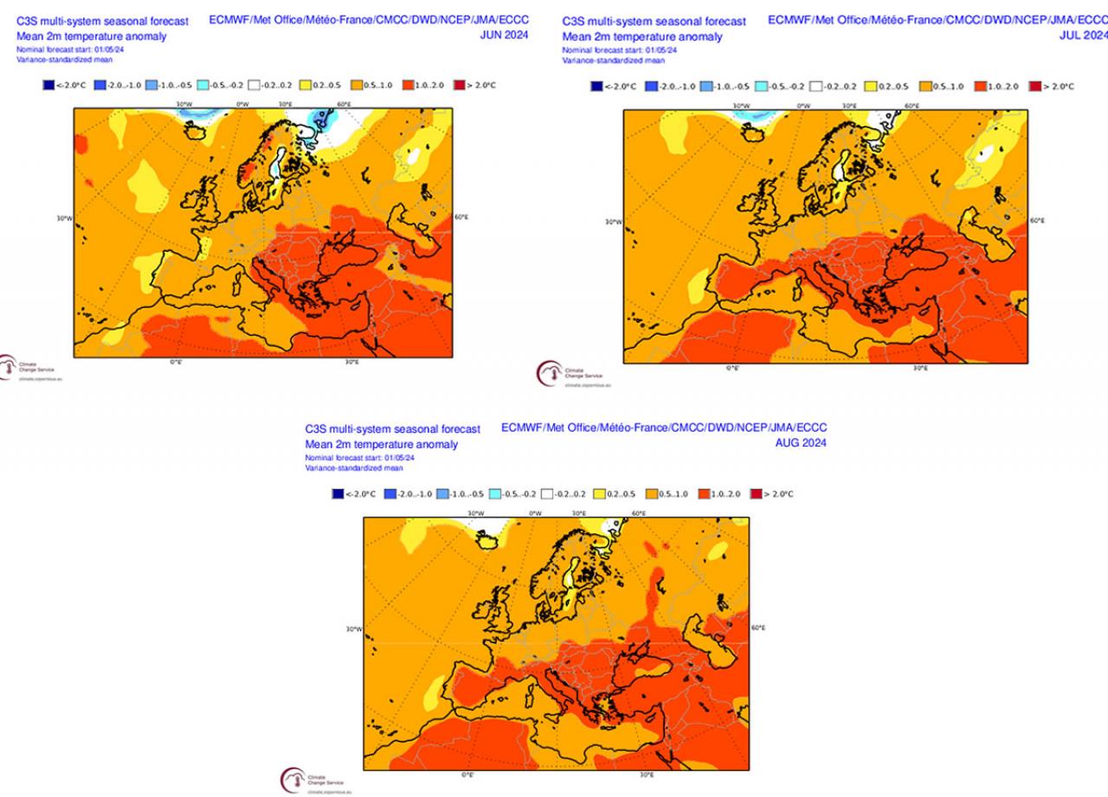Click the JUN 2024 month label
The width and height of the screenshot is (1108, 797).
pos(505,35)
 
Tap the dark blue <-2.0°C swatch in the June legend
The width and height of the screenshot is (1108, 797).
pos(48,86)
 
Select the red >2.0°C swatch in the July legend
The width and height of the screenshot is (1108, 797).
pos(1034,87)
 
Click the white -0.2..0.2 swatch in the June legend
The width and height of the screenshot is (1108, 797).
pos(255,86)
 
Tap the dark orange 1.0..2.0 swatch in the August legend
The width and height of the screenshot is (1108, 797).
pos(703,494)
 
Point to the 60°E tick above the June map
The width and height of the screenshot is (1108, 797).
pos(344,104)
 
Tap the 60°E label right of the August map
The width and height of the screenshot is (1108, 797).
pos(757,627)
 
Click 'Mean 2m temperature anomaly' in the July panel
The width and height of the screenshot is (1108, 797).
pos(641,37)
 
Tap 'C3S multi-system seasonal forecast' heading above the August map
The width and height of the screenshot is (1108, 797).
pos(392,429)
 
